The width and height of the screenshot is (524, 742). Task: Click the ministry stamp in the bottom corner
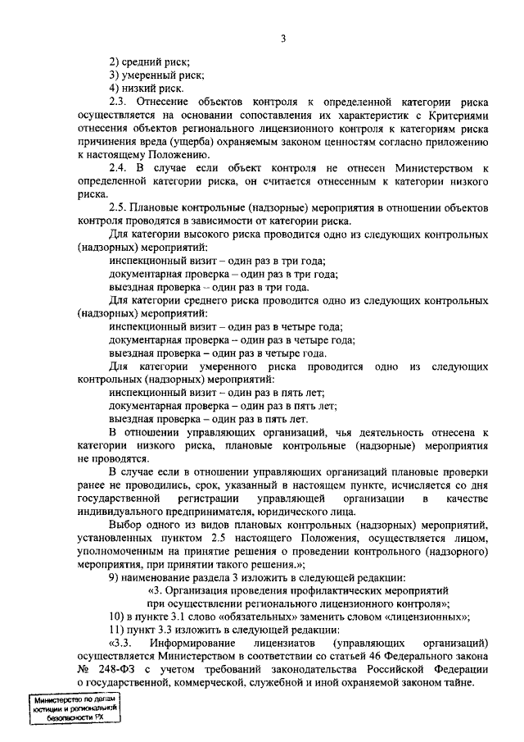tap(73, 708)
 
